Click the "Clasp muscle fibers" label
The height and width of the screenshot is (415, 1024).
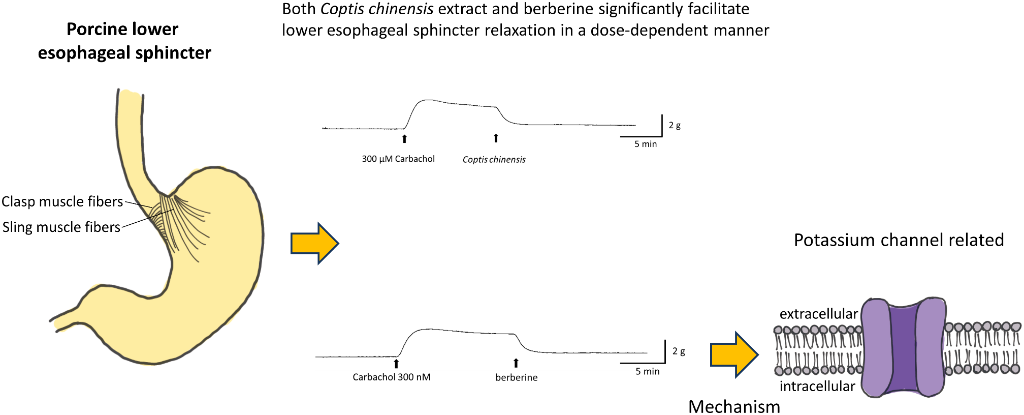point(62,201)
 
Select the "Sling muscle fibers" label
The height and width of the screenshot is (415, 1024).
point(61,227)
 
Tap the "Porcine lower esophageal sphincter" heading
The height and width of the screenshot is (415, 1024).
point(124,41)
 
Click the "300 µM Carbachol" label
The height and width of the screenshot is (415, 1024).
point(398,159)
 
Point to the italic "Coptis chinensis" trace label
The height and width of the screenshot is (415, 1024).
point(494,160)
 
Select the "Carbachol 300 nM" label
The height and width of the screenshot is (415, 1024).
point(392,377)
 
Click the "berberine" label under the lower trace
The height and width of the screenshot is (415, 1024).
point(516,377)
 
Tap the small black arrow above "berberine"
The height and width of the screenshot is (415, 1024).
point(516,363)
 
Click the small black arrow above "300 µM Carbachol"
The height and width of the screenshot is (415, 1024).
point(404,138)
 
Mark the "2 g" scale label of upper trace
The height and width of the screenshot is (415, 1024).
point(675,125)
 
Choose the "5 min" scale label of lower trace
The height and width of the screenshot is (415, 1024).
point(647,371)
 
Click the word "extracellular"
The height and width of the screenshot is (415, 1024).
point(818,314)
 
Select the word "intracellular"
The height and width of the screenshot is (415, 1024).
point(817,387)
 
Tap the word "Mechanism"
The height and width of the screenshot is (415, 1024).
point(734,406)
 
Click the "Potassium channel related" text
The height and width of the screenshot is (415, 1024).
point(899,240)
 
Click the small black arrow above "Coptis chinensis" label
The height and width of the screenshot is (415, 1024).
point(496,138)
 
